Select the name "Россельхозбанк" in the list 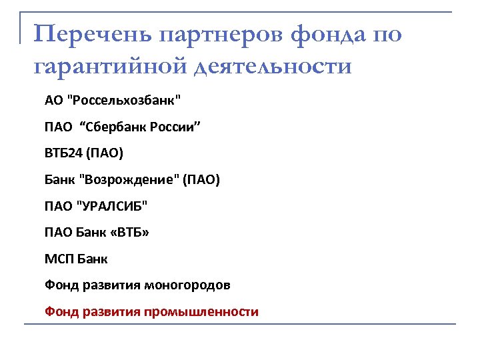point(124,101)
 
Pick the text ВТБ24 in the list point(63,153)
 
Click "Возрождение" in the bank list point(130,180)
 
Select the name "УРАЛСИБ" point(113,206)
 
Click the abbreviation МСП point(59,259)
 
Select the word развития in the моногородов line point(111,285)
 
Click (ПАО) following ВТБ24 point(105,153)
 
